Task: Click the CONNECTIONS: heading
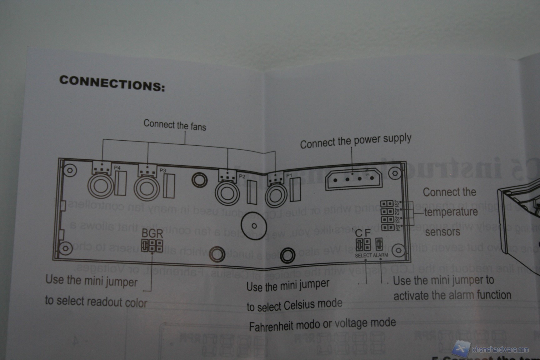click(x=112, y=84)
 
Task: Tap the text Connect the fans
click(x=175, y=125)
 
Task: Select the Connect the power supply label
click(x=355, y=141)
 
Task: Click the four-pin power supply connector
click(x=354, y=179)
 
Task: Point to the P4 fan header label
click(x=117, y=168)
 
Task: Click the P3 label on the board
click(x=163, y=171)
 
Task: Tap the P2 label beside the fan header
click(x=242, y=176)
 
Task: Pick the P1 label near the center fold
click(x=289, y=176)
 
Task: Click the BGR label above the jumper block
click(x=152, y=233)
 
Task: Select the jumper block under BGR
click(x=152, y=246)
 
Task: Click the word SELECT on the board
click(x=363, y=256)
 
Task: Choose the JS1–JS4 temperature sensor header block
click(x=387, y=216)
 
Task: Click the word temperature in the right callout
click(x=451, y=212)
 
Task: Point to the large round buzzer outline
click(x=254, y=226)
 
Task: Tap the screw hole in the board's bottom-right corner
click(x=398, y=250)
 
